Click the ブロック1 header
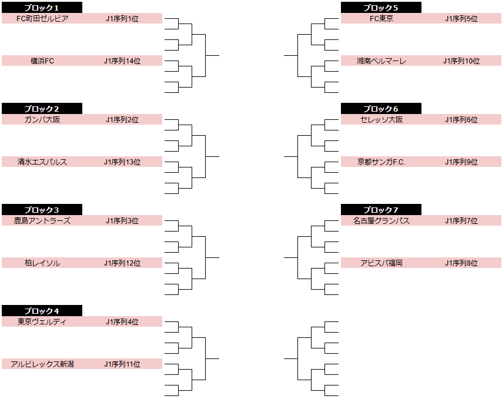pos(42,8)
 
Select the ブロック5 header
pos(381,8)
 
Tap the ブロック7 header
pos(381,210)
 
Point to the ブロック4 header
pos(42,311)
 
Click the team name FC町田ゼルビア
pos(42,18)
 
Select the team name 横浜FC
pos(42,61)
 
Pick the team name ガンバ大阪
pos(42,119)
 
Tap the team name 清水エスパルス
pos(42,162)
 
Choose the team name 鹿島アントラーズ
pos(42,220)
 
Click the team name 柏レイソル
pos(42,263)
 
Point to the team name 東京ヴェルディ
pos(42,321)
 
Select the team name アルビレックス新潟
pos(42,364)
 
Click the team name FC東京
pos(381,18)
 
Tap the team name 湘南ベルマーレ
pos(381,61)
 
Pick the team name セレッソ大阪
pos(381,119)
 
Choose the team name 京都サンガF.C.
pos(381,162)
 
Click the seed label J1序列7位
pos(461,220)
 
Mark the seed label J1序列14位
pos(122,61)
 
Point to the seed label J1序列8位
pos(461,263)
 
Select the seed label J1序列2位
pos(122,119)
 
